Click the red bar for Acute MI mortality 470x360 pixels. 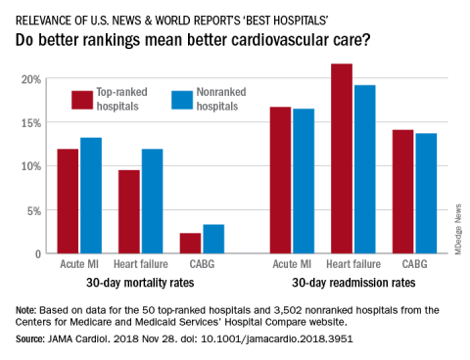point(68,202)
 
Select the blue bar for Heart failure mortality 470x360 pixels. point(152,202)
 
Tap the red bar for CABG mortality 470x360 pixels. point(190,244)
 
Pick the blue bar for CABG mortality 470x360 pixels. point(213,239)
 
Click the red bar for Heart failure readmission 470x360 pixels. point(342,158)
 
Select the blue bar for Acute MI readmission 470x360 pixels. point(304,181)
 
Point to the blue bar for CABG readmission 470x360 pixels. point(426,194)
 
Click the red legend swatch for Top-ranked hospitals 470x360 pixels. point(82,100)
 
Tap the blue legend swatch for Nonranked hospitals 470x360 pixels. point(182,100)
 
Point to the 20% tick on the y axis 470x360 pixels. point(31,79)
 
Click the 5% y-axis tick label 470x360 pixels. point(34,211)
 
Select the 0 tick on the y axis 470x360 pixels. point(38,254)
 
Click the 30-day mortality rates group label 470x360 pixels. point(140,283)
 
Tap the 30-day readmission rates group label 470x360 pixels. point(353,283)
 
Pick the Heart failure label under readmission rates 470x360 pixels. point(353,264)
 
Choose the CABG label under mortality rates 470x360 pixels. point(202,264)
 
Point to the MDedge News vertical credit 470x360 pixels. point(458,229)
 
